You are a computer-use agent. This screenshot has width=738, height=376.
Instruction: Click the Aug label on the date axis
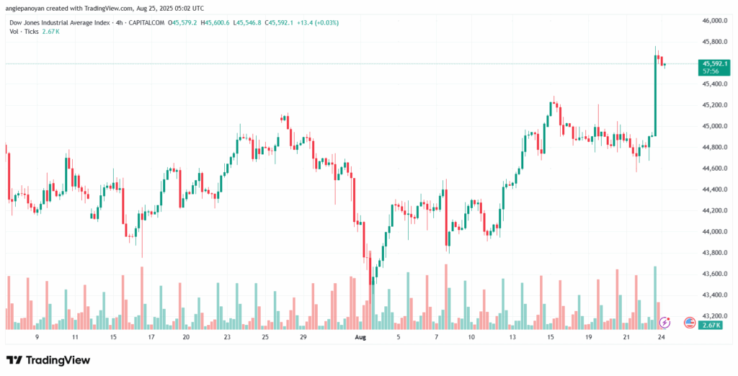360,336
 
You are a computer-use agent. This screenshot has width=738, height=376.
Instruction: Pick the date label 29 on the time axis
303,336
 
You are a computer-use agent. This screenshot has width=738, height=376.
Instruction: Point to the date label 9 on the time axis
36,336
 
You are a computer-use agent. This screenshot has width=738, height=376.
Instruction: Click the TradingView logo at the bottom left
48,359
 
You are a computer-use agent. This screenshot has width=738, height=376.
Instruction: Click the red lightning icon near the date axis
666,322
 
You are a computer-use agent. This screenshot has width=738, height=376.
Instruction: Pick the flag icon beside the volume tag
689,322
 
